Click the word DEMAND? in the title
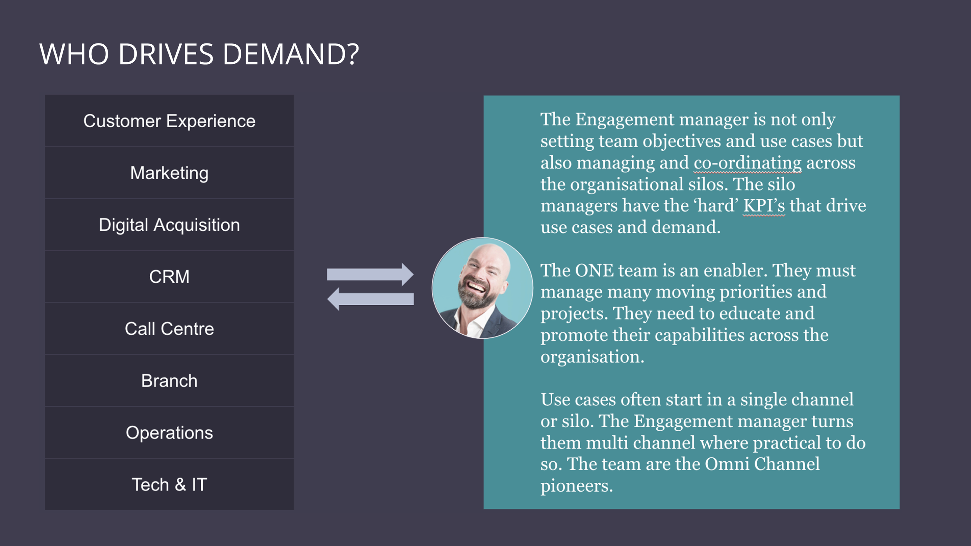pos(291,54)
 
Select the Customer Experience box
pos(169,121)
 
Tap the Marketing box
pos(169,173)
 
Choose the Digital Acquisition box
pos(169,225)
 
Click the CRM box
pos(169,277)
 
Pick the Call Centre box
pos(169,329)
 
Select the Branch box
pos(169,381)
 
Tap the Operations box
pos(169,433)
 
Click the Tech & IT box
pos(169,485)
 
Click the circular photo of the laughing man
pos(482,288)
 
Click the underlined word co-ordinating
pos(747,163)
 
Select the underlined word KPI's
pos(764,206)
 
